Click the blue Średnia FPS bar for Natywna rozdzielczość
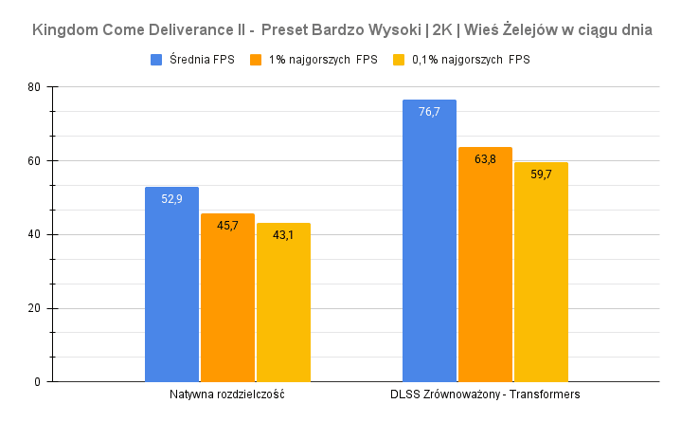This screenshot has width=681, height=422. [x=171, y=284]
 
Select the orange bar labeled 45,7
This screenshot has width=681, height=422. [x=227, y=298]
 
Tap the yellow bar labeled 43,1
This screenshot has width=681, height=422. [x=283, y=303]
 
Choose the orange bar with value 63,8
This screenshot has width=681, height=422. [x=485, y=265]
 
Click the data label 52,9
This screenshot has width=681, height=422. [x=171, y=199]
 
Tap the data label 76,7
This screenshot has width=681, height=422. [x=429, y=112]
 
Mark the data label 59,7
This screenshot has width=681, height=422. [x=541, y=174]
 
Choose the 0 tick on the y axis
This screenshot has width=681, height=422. [x=36, y=382]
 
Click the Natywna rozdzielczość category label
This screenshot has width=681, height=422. [x=227, y=394]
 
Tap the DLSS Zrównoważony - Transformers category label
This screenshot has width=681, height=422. [x=485, y=394]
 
